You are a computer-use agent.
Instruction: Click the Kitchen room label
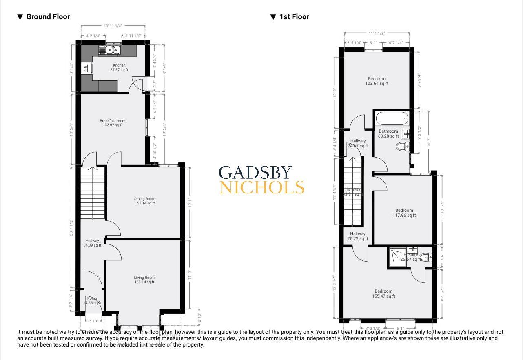[x=119, y=65]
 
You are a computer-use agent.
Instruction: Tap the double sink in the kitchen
[x=109, y=50]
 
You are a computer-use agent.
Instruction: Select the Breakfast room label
[x=113, y=121]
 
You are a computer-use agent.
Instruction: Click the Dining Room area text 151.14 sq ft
[x=145, y=203]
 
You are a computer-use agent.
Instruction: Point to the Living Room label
[x=144, y=278]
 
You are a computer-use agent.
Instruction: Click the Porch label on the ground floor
[x=92, y=298]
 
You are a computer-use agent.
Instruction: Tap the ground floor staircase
[x=93, y=194]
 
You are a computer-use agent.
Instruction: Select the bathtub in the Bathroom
[x=392, y=119]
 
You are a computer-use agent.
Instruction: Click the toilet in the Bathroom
[x=402, y=147]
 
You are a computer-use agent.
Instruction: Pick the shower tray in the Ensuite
[x=398, y=257]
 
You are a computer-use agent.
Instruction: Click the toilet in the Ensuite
[x=425, y=257]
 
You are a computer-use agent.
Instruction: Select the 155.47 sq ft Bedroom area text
[x=383, y=296]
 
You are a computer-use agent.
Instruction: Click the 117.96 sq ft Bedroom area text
[x=404, y=216]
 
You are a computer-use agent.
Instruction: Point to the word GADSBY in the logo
[x=255, y=173]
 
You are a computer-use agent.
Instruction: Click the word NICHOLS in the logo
[x=261, y=188]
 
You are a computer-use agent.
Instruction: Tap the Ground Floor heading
[x=48, y=17]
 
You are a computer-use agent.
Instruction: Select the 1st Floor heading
[x=294, y=17]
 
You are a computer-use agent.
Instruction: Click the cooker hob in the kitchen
[x=86, y=68]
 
